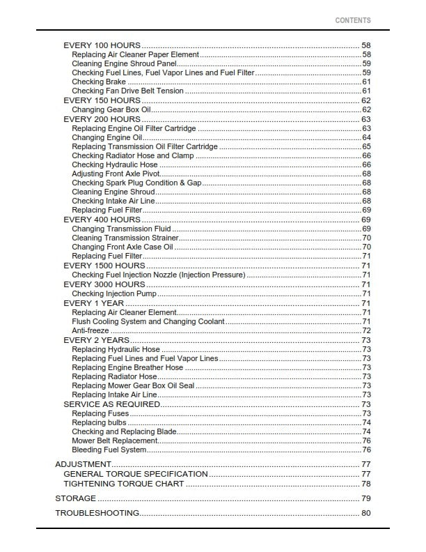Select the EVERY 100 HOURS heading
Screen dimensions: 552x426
point(102,45)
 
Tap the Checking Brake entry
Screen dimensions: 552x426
point(98,82)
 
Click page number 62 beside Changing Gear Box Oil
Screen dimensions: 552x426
point(366,110)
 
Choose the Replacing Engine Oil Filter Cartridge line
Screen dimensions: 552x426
point(134,129)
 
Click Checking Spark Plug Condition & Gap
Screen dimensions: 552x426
point(136,183)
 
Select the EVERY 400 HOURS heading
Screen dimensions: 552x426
point(102,220)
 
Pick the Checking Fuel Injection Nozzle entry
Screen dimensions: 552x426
point(158,275)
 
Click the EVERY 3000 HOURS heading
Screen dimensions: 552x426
point(104,284)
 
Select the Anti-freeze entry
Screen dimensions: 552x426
point(90,330)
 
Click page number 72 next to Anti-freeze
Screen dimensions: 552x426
point(366,331)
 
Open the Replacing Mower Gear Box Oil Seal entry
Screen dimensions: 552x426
point(133,385)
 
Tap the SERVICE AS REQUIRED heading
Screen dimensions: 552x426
point(111,404)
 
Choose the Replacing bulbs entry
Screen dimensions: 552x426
point(99,422)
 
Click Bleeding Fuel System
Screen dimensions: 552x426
point(109,450)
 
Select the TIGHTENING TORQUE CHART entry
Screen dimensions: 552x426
point(123,484)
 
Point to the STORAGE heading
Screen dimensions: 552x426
point(75,499)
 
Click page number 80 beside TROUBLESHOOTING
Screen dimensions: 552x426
point(366,514)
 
